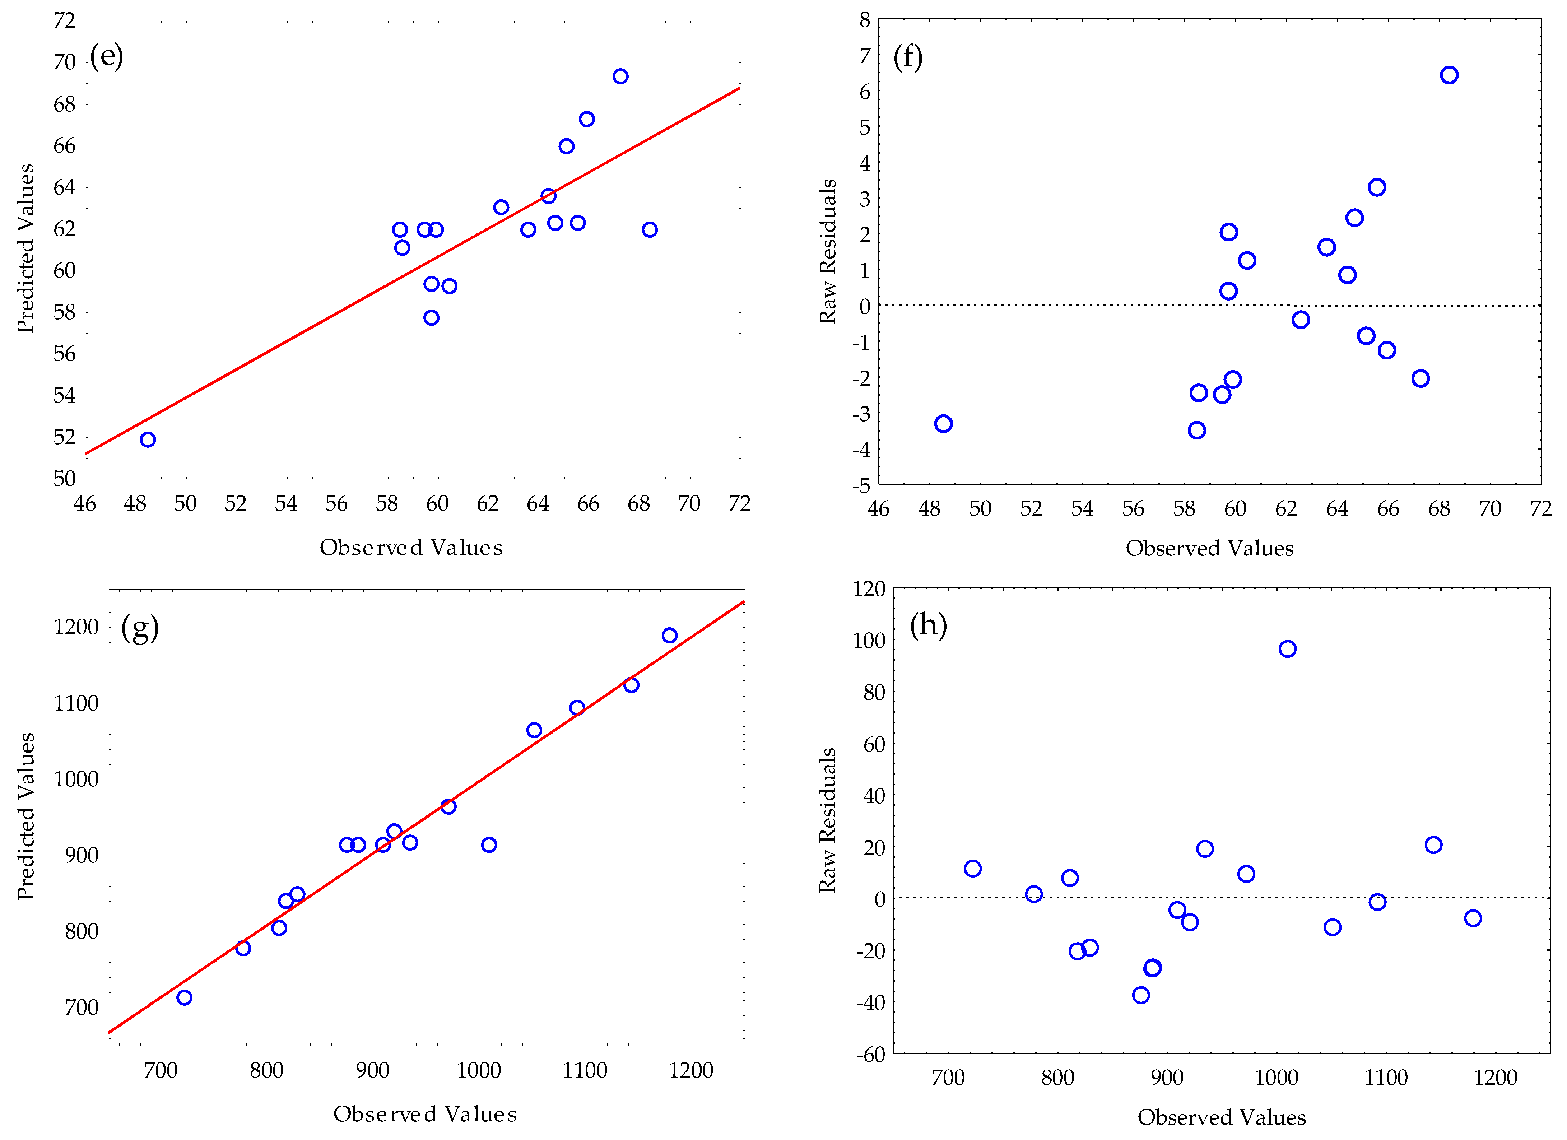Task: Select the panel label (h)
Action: pyautogui.click(x=928, y=625)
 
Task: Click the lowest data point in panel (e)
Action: pyautogui.click(x=148, y=439)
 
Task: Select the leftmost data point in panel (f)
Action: pyautogui.click(x=943, y=424)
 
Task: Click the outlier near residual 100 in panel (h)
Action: pyautogui.click(x=1287, y=649)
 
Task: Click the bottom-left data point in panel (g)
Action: pyautogui.click(x=184, y=998)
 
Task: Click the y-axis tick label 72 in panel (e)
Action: pyautogui.click(x=64, y=21)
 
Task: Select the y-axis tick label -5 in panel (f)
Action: pyautogui.click(x=861, y=486)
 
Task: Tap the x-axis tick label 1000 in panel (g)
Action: pyautogui.click(x=478, y=1071)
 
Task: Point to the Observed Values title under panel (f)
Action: pyautogui.click(x=1209, y=549)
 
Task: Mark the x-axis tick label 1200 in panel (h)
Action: pyautogui.click(x=1495, y=1078)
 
